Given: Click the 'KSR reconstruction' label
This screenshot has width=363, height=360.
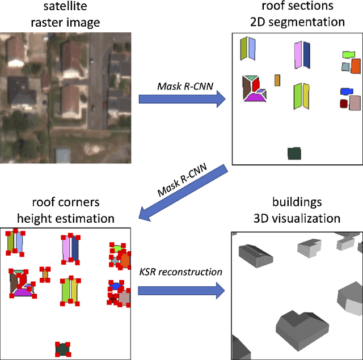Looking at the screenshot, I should pos(180,272).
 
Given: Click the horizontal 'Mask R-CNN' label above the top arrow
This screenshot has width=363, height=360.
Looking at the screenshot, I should pos(180,85).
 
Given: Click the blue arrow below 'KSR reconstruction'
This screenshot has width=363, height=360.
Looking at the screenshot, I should pos(180,291).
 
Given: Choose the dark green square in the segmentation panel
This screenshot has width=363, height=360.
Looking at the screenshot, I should pos(294,153).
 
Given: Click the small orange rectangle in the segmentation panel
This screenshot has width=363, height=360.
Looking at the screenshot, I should pos(277,80).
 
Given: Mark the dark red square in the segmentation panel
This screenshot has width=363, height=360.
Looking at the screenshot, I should pos(343,104).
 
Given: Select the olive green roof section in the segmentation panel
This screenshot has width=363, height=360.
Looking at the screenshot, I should pos(244,49).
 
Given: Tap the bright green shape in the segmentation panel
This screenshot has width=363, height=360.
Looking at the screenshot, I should pos(348,54).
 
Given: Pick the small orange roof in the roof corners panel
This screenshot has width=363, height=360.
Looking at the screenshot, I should pos(45,274).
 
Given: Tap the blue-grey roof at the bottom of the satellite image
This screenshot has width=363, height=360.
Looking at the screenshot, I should pos(63,154).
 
